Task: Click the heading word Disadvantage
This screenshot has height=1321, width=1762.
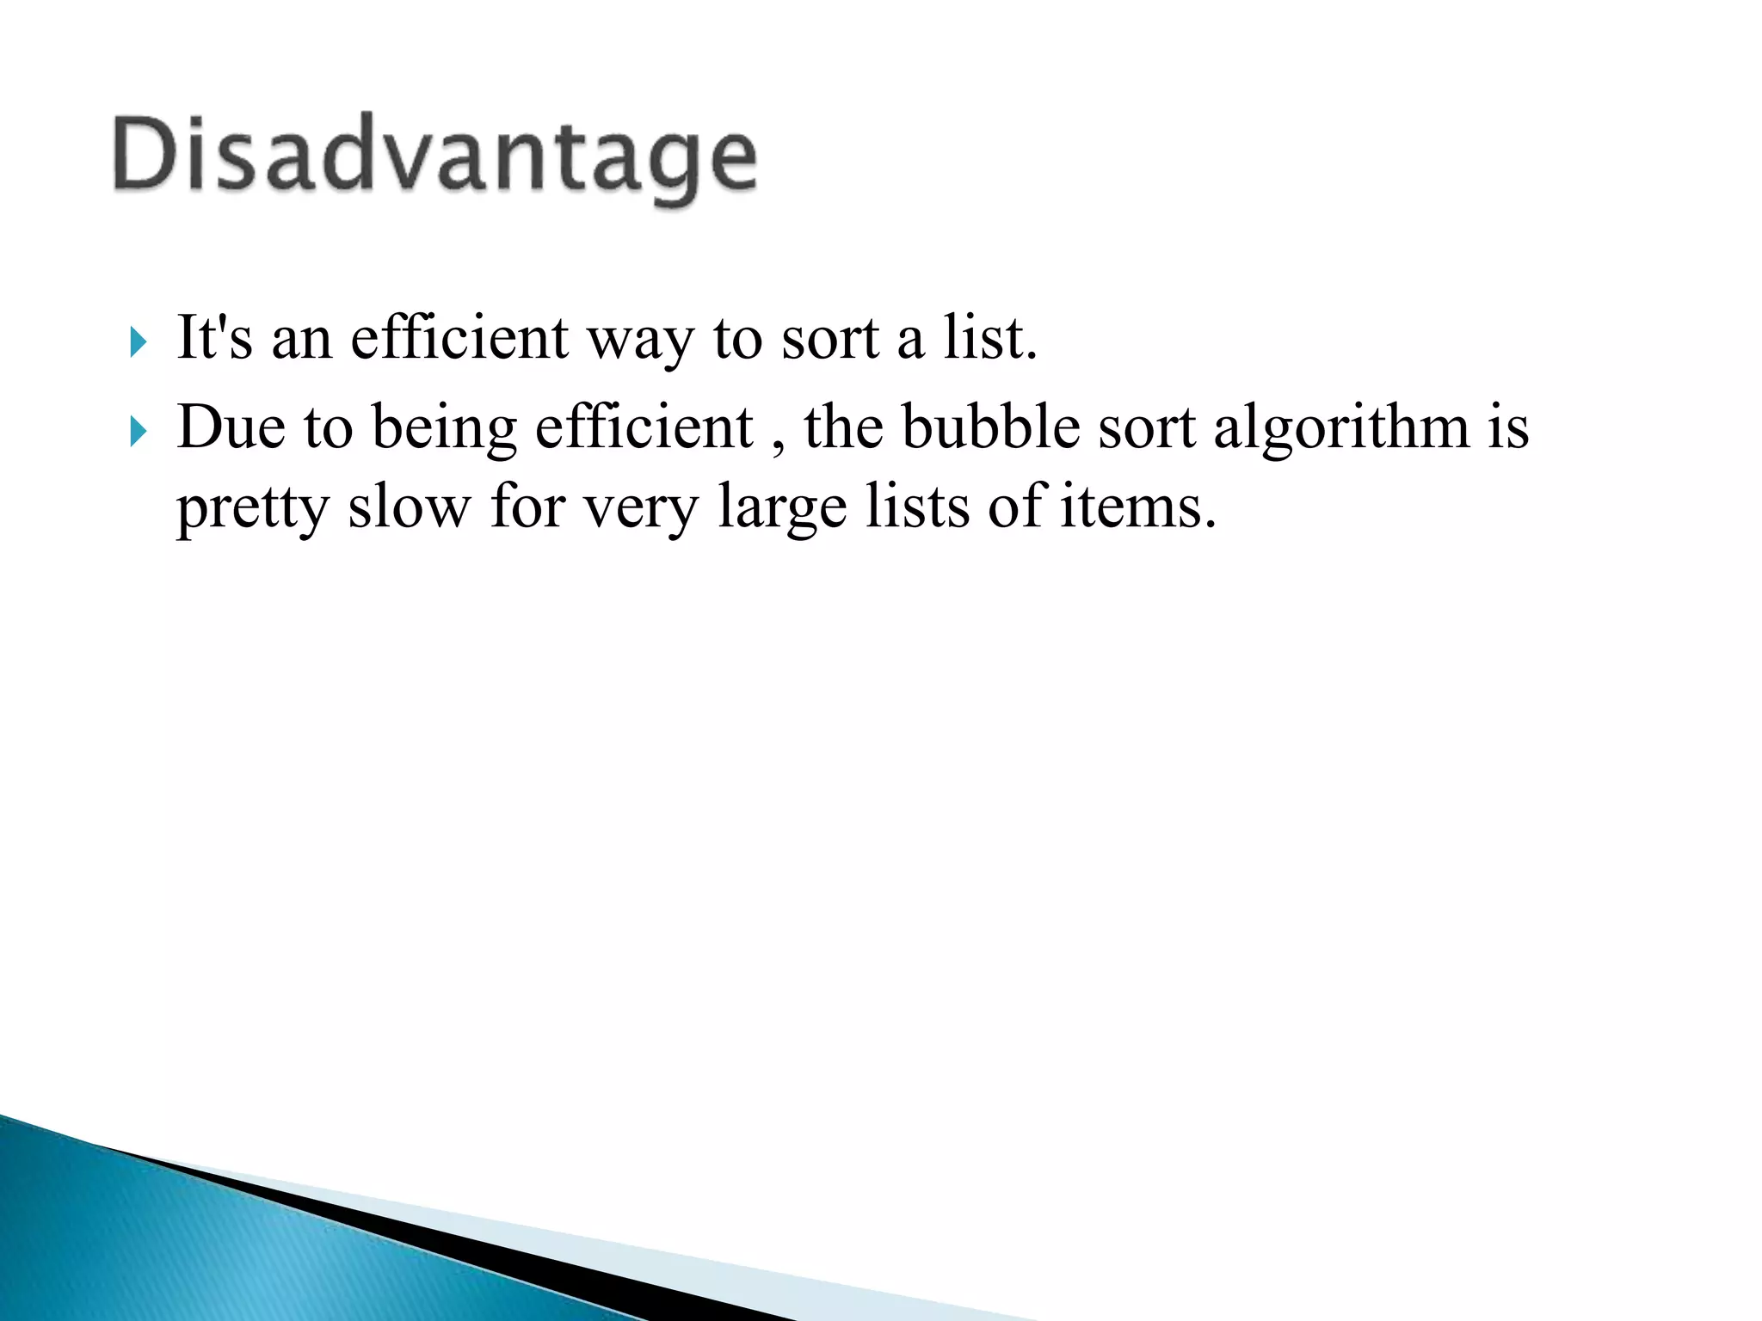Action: (x=434, y=157)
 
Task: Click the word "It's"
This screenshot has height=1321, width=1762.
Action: (x=214, y=337)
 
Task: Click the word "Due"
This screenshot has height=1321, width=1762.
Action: (x=231, y=427)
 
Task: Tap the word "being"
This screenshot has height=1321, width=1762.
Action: (x=444, y=428)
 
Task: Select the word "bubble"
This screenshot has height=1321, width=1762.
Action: (x=990, y=427)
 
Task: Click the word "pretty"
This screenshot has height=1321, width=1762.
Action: (x=252, y=507)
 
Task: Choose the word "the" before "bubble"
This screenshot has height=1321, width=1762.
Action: (x=843, y=427)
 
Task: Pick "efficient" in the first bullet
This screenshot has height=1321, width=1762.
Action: (x=459, y=337)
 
